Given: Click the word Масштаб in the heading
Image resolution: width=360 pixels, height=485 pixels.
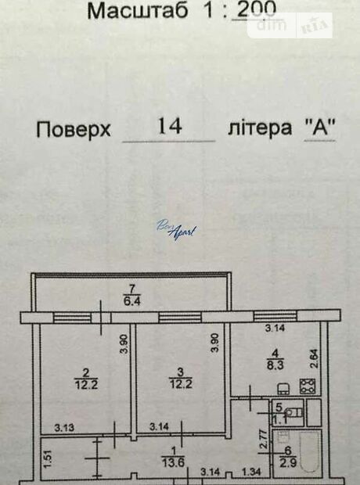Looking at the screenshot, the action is (138, 10).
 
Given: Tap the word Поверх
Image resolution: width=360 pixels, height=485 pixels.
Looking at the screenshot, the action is (73, 129).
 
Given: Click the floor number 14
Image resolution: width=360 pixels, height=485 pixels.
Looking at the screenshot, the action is (169, 126).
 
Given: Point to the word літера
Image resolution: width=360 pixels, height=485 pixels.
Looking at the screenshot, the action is (260, 128).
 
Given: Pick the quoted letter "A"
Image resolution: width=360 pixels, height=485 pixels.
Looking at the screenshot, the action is (320, 128).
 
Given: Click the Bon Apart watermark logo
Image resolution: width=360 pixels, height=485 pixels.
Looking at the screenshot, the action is (176, 229).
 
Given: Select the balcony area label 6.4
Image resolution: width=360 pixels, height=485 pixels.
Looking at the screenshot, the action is (132, 301).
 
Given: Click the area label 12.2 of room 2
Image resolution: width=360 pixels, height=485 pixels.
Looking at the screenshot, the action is (86, 384).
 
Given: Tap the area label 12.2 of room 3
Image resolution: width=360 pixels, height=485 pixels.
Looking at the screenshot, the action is (181, 384).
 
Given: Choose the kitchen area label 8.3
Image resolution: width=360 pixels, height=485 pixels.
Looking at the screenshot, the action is (275, 365).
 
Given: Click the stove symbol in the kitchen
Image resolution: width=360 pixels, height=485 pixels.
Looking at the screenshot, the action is (308, 386).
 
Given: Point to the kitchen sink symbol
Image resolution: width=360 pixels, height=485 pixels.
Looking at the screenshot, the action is (283, 389).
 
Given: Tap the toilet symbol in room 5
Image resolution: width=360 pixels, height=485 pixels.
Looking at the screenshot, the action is (293, 412).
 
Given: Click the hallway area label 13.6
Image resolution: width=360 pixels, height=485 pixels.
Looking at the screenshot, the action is (173, 462).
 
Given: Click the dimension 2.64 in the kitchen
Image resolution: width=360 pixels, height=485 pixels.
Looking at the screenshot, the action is (314, 358).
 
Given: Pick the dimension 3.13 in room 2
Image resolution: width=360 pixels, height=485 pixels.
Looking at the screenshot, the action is (64, 427).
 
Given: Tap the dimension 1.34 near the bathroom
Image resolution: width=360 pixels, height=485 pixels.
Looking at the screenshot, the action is (251, 472).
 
